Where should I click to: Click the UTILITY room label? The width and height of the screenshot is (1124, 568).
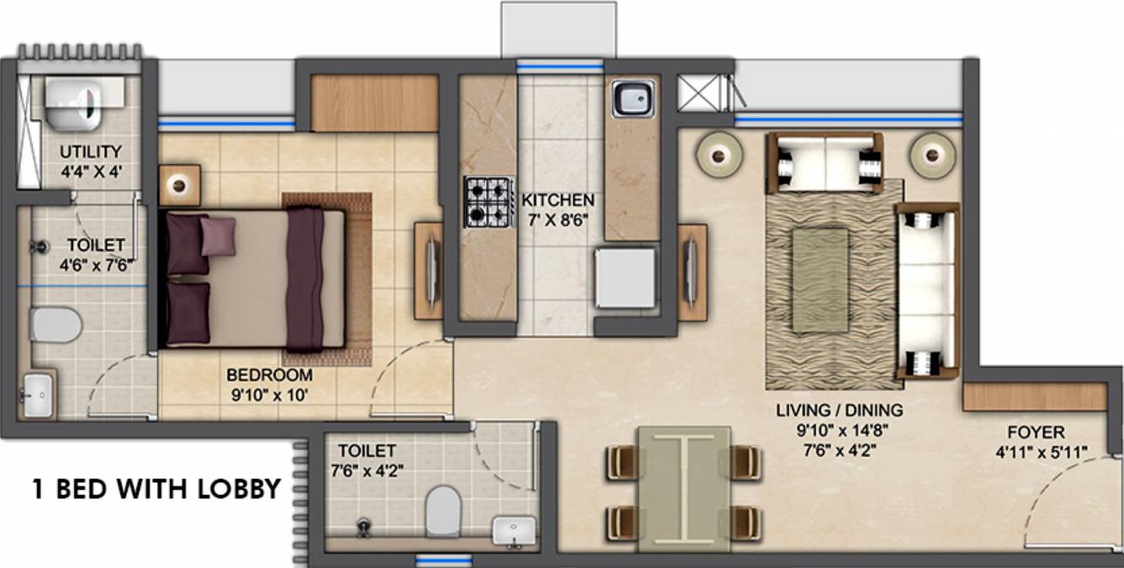(x=90, y=151)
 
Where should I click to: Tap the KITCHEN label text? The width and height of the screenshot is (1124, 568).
(x=558, y=201)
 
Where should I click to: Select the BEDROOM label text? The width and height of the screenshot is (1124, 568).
(x=269, y=375)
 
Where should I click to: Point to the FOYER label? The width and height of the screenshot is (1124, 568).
(x=1036, y=433)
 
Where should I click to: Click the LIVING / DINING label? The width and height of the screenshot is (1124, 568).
(x=839, y=411)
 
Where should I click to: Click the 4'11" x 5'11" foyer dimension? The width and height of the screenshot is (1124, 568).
(x=1041, y=453)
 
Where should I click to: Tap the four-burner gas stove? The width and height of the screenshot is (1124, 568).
(x=489, y=203)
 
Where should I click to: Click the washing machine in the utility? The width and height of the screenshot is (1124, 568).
(x=73, y=103)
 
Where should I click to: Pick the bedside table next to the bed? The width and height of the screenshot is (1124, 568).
(x=179, y=185)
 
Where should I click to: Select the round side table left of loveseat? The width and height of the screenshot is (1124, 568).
(x=718, y=154)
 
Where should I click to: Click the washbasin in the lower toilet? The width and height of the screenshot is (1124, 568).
(x=512, y=531)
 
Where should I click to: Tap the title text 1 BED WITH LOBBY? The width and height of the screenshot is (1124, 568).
(x=156, y=489)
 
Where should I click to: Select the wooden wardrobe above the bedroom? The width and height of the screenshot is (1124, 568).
(x=374, y=103)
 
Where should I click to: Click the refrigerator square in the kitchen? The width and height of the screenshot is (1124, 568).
(x=625, y=279)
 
